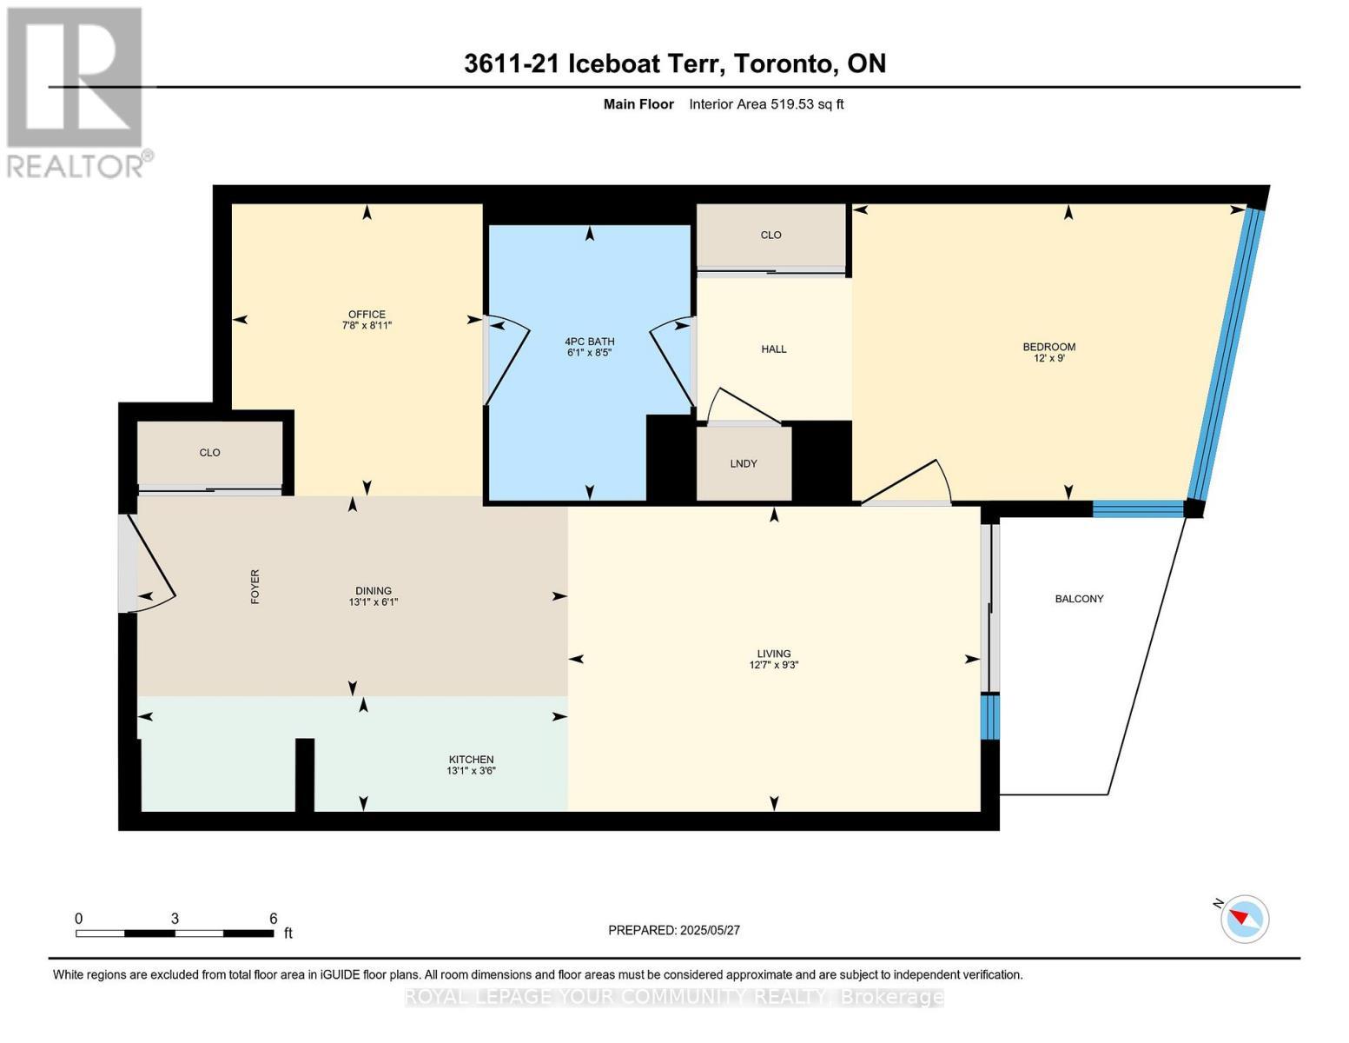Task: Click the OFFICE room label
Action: coord(367,315)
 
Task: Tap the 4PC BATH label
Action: coord(589,341)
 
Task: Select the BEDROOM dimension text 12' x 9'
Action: coord(1048,358)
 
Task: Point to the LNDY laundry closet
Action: coord(743,462)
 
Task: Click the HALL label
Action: coord(773,349)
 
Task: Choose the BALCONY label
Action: coord(1079,598)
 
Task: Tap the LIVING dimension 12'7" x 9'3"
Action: coord(773,665)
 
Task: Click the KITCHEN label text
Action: coord(471,759)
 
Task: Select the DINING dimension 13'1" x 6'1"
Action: coord(374,601)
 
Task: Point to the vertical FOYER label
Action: coord(255,587)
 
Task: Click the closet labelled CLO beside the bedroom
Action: coord(771,236)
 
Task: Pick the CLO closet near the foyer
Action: coord(210,454)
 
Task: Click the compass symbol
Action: coord(1244,919)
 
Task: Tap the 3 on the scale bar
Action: coord(175,918)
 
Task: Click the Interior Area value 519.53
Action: coord(791,103)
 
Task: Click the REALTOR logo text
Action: coord(76,166)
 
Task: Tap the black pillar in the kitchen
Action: coord(304,774)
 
